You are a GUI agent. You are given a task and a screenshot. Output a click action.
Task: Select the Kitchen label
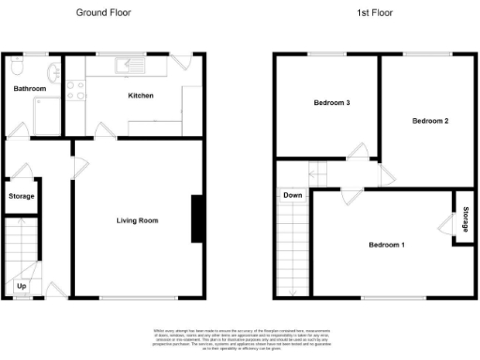click(141, 96)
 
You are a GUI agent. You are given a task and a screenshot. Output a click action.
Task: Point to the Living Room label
click(137, 221)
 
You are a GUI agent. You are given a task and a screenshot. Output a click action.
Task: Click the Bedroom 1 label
click(386, 246)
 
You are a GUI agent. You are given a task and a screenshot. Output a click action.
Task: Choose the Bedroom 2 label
click(431, 121)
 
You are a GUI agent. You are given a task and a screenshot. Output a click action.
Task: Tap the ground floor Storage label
click(21, 197)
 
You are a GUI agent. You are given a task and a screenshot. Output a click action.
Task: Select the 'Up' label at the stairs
click(22, 285)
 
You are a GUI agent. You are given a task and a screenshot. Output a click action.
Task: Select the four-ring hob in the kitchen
click(75, 93)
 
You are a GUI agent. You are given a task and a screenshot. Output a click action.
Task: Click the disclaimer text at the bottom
click(240, 335)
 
